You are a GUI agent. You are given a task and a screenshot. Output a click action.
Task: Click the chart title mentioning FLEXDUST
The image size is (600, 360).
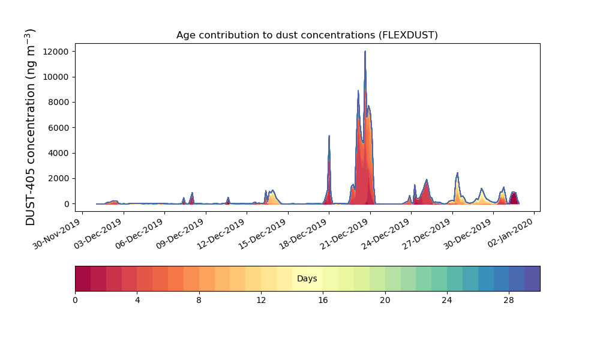(307, 35)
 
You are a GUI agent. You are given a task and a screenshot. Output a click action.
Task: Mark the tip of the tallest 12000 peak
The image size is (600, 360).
(365, 52)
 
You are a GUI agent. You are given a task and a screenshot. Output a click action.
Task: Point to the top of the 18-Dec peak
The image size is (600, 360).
(329, 136)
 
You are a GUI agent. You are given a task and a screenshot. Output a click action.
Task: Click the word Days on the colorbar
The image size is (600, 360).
(307, 278)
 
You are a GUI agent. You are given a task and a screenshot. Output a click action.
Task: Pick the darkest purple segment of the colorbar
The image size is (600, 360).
(532, 278)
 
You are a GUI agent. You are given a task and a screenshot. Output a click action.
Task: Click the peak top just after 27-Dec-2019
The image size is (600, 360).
(457, 173)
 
